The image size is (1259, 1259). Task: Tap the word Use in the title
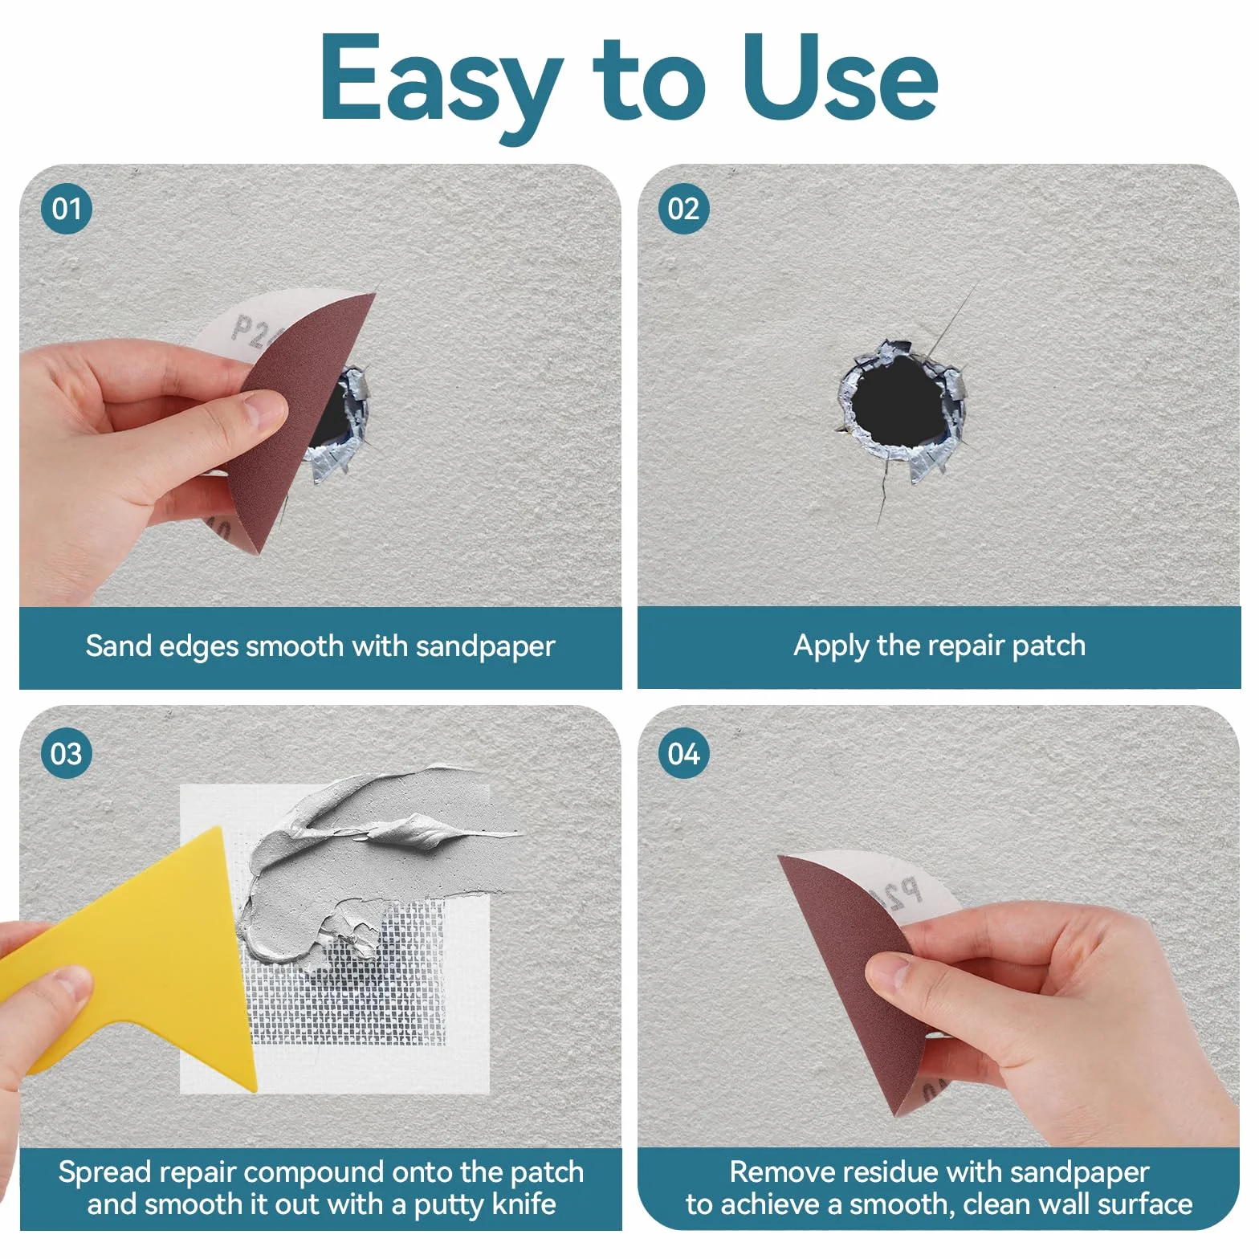(839, 79)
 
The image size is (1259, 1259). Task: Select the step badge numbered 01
(67, 209)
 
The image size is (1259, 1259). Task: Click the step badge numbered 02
(683, 209)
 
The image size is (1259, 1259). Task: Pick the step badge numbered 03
(67, 753)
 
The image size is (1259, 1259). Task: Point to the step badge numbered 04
(683, 753)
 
